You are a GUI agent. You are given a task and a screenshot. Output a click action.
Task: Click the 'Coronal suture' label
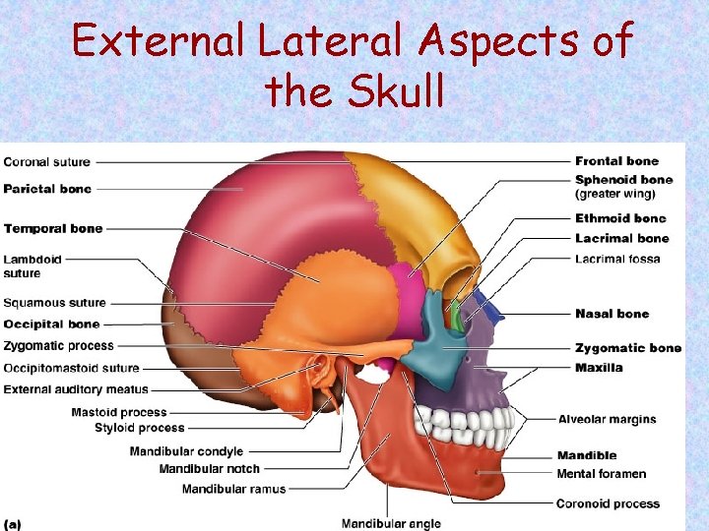[46, 162]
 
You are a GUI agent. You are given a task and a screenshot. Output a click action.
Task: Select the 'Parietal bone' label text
[47, 189]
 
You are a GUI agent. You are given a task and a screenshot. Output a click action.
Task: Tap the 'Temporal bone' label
[53, 229]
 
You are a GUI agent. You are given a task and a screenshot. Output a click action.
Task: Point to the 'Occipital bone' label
[51, 324]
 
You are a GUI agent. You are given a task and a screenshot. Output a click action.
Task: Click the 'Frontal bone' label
[616, 161]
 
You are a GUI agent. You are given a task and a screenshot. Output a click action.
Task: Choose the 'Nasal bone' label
[612, 314]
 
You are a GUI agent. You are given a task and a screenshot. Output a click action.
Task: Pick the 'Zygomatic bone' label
[627, 348]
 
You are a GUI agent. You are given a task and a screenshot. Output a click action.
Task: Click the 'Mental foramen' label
[601, 474]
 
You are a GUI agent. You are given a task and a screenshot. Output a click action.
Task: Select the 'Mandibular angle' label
[391, 523]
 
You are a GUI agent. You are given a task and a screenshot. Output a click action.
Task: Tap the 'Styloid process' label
[139, 428]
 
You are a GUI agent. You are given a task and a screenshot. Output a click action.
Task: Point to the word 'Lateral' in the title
[315, 42]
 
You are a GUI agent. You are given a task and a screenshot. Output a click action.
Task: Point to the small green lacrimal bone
[456, 317]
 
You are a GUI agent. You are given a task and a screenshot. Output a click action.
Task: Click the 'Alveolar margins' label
[607, 420]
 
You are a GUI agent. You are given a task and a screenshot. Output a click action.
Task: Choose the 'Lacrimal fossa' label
[617, 260]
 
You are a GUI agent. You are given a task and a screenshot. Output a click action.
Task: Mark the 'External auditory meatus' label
[76, 389]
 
